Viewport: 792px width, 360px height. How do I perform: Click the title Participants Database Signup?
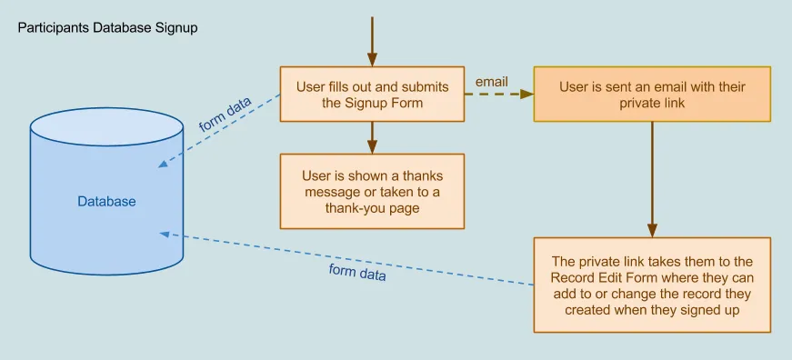pos(107,28)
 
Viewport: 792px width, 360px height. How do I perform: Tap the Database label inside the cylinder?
pos(106,202)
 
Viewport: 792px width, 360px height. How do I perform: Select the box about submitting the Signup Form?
pos(372,94)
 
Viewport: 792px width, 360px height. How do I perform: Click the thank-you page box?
pos(372,191)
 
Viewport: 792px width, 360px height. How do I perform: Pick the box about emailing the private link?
pos(652,94)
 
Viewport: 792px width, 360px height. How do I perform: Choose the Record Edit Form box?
pos(652,285)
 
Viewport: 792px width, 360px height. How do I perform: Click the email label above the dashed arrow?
pos(491,82)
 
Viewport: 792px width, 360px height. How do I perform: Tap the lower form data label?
pos(357,272)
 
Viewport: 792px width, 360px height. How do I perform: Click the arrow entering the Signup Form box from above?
pos(372,42)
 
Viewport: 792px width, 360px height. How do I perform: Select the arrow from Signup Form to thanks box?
pos(372,137)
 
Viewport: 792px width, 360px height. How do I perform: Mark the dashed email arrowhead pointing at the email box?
pos(526,94)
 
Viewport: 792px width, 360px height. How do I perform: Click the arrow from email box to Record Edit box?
pos(652,179)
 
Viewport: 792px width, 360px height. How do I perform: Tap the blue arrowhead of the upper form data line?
pos(164,163)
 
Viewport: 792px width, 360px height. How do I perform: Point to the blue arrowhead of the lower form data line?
pos(165,234)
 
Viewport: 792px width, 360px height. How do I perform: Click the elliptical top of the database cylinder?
pos(106,126)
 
